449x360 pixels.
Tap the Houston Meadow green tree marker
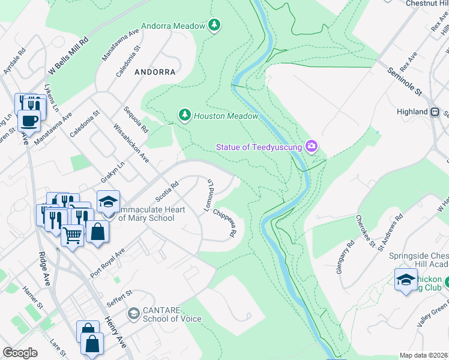click(x=185, y=114)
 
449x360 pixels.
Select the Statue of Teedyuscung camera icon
click(x=311, y=146)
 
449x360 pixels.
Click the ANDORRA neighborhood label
click(x=155, y=72)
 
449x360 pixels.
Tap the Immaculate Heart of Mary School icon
click(x=108, y=201)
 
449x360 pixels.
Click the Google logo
click(x=20, y=353)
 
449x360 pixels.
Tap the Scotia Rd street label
click(x=167, y=193)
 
